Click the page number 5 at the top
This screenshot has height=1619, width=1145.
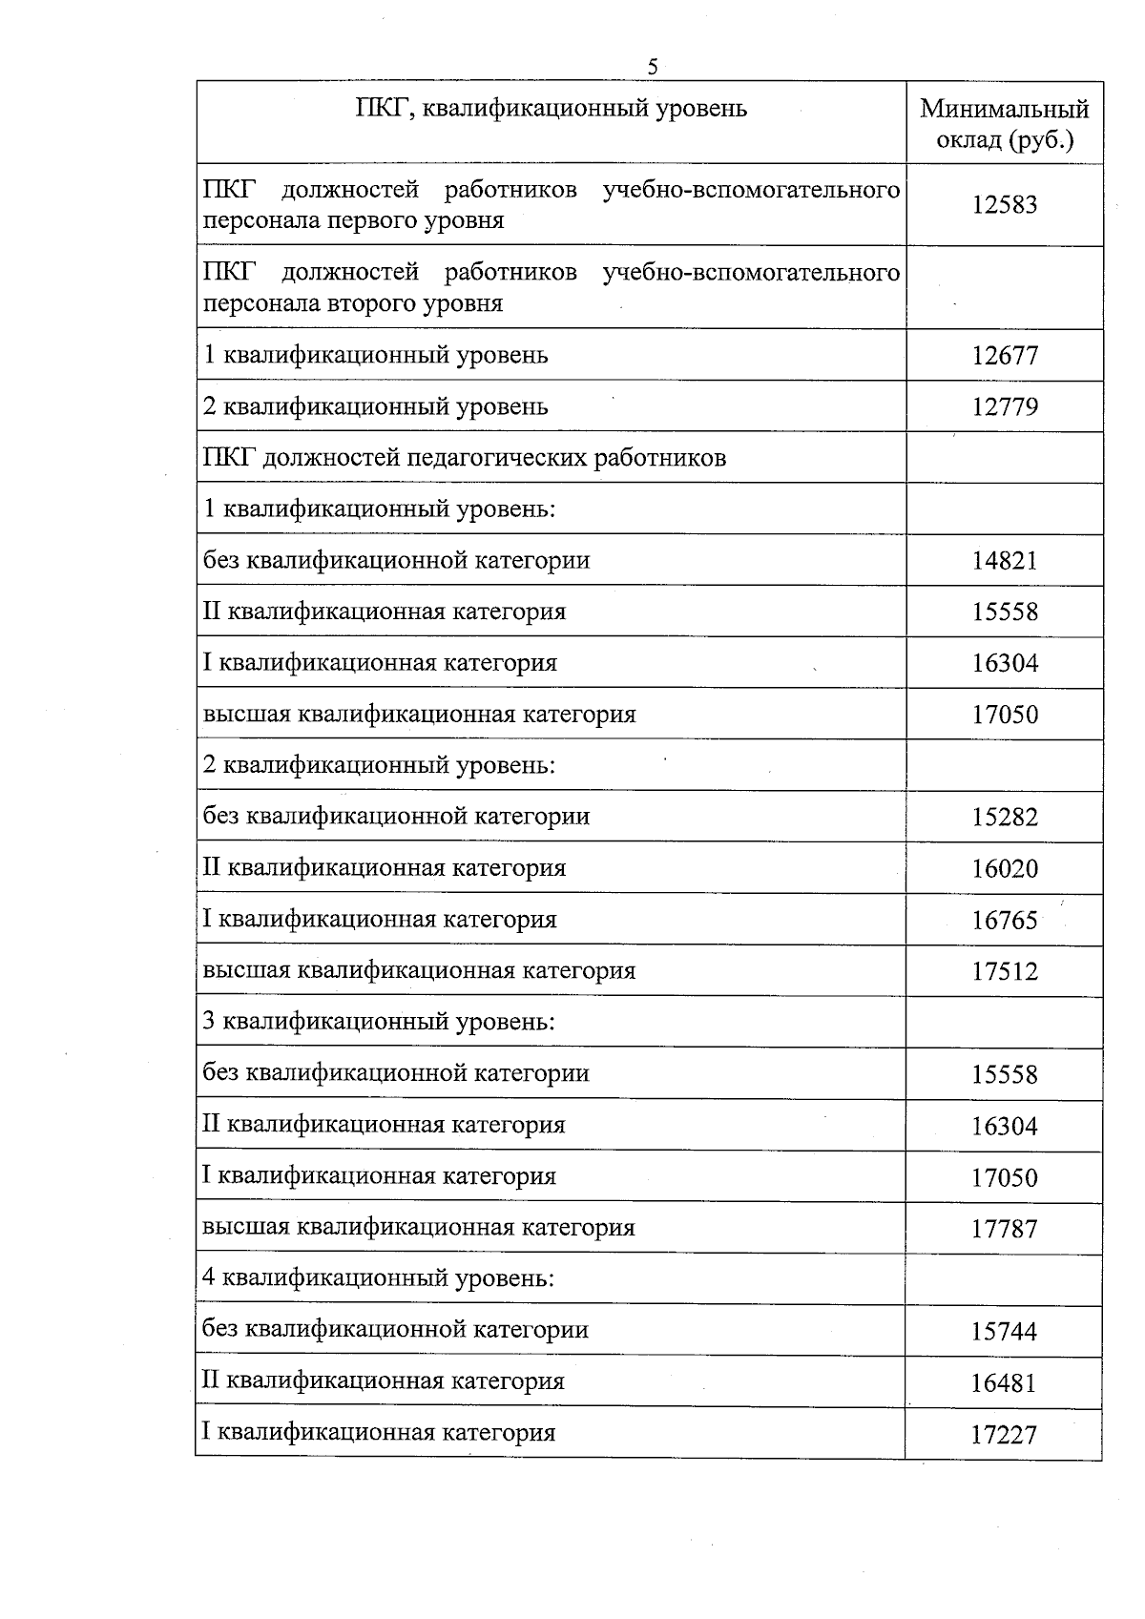(x=653, y=67)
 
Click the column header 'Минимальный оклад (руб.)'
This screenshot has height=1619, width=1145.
(x=1004, y=124)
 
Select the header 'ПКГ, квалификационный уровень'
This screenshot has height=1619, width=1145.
(x=551, y=108)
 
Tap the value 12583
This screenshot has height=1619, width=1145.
(x=1004, y=205)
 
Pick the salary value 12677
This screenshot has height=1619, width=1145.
(x=1004, y=356)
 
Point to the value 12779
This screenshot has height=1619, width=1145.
(x=1004, y=407)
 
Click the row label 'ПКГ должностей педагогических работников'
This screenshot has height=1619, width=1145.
(x=464, y=458)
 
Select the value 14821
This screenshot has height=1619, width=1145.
(x=1004, y=561)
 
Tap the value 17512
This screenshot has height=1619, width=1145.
(x=1004, y=972)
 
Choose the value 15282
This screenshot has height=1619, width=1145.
(x=1004, y=818)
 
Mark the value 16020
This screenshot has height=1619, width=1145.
(x=1004, y=869)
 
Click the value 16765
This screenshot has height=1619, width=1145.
(x=1004, y=921)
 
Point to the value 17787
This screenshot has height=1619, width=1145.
(x=1004, y=1229)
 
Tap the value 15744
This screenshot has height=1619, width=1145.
(x=1004, y=1332)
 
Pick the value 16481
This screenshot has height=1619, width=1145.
(x=1004, y=1383)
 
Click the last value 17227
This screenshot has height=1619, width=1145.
(x=1004, y=1435)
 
